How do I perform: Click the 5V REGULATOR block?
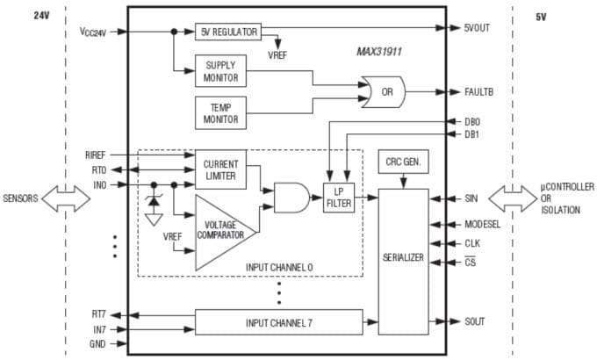tap(227, 32)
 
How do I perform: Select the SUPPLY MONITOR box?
tap(220, 72)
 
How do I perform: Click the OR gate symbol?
tap(385, 91)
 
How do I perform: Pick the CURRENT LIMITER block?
tap(220, 170)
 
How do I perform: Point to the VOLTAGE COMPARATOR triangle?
tap(219, 230)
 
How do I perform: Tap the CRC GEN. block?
tap(403, 163)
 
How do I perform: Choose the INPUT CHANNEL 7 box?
tap(278, 322)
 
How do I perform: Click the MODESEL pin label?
tap(484, 224)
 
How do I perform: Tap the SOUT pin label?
tap(475, 321)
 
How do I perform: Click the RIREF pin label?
tap(95, 155)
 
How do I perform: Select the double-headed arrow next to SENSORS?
tap(63, 199)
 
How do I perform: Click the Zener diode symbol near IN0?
tap(155, 201)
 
